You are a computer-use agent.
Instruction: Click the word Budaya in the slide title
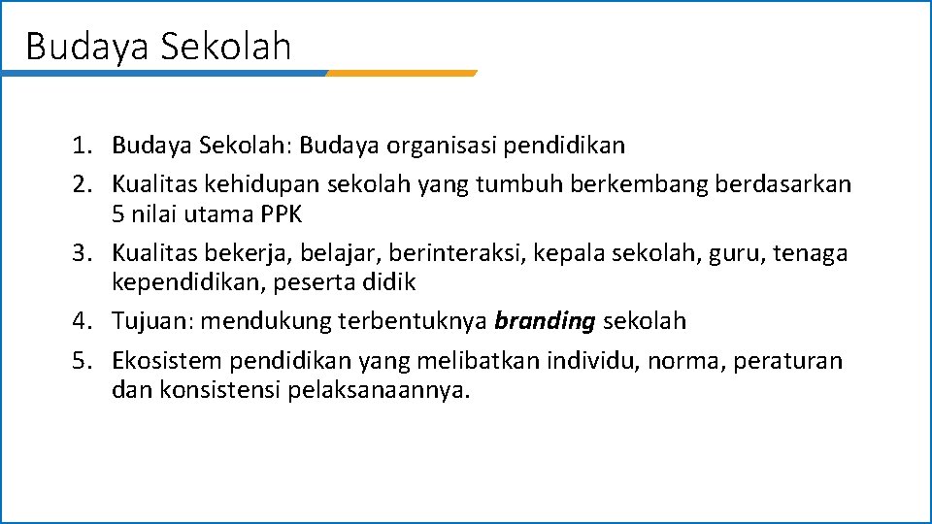coord(72,46)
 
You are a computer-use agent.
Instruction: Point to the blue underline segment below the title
coord(165,73)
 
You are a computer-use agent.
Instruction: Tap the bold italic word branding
coord(545,320)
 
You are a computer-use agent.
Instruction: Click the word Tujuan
coord(152,320)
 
